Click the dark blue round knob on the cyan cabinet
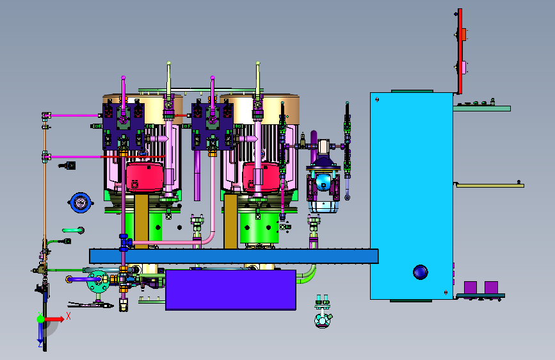[x=420, y=272]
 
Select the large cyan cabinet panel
[x=412, y=196]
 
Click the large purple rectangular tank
[x=231, y=290]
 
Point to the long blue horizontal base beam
[x=234, y=256]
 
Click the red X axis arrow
[x=54, y=319]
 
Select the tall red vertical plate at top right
[x=460, y=51]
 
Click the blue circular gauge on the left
[x=81, y=202]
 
